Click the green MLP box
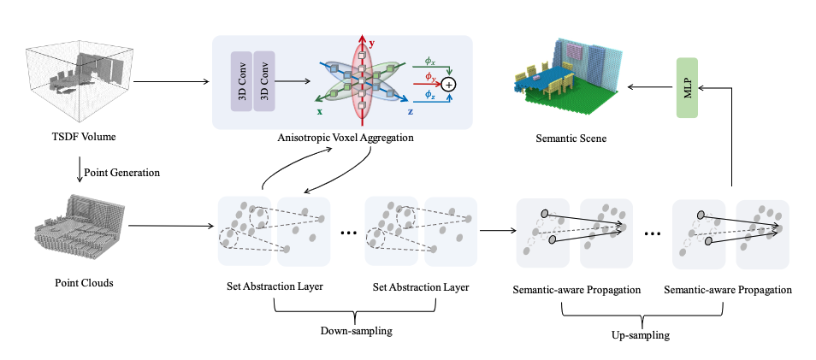pos(689,89)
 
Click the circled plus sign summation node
pos(450,84)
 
